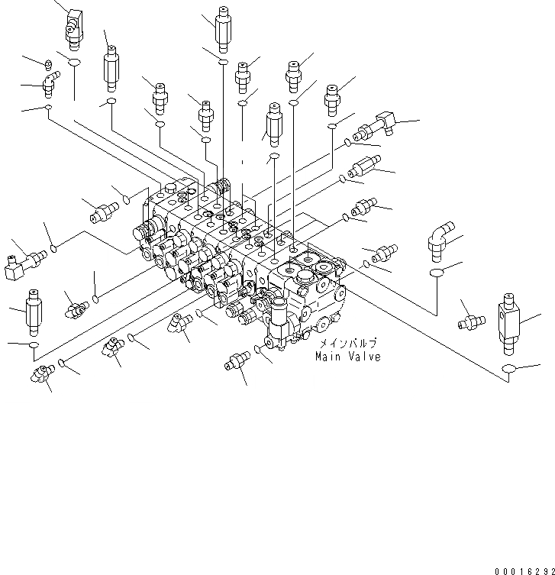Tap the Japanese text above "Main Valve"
(x=347, y=344)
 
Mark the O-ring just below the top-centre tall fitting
(x=222, y=60)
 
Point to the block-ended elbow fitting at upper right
(x=384, y=122)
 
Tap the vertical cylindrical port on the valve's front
(x=279, y=325)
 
